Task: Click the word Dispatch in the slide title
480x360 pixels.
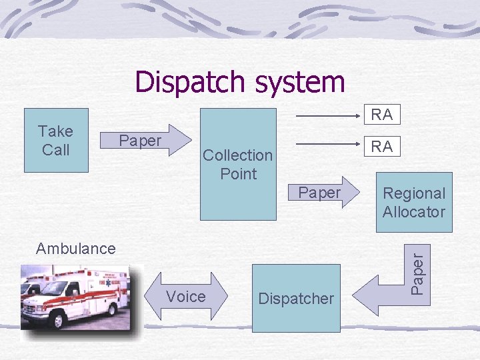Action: coord(189,82)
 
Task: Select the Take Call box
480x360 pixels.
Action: coord(56,141)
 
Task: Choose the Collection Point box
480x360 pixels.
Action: coord(238,164)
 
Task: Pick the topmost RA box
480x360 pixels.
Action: coord(381,115)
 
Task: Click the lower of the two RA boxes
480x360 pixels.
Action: coord(381,147)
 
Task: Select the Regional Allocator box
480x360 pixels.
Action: coord(413,202)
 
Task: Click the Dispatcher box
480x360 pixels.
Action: coord(296,298)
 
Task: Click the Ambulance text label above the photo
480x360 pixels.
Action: coord(76,249)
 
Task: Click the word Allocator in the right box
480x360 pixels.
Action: coord(413,212)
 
